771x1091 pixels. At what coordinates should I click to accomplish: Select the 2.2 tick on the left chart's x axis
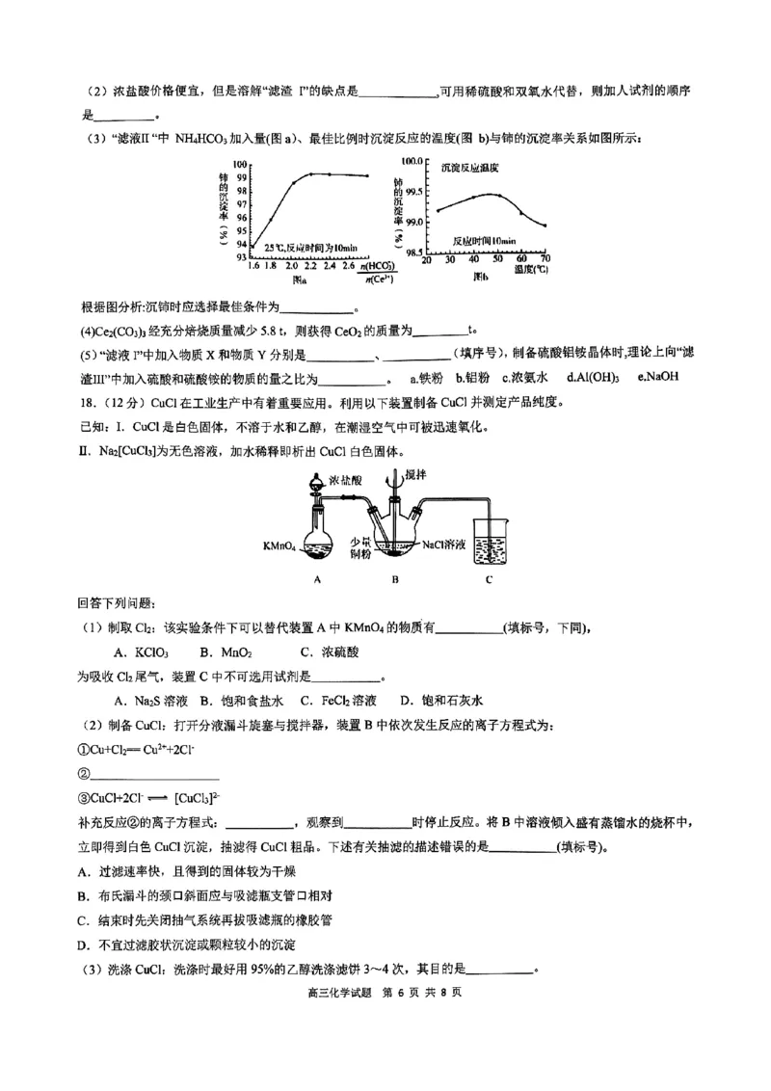[x=311, y=265]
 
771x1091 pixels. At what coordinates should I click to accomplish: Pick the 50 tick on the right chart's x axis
[x=497, y=260]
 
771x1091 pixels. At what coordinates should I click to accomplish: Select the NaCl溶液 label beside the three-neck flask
[x=444, y=545]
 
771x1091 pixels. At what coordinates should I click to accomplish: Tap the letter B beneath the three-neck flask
[x=395, y=579]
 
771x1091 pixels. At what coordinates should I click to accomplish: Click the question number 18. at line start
[x=89, y=401]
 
